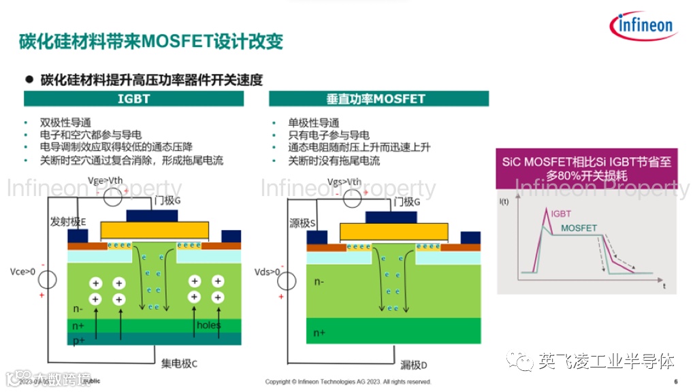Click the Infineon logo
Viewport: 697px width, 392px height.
[x=644, y=26]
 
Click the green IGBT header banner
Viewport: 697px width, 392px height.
[x=133, y=99]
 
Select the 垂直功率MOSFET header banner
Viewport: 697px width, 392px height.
[x=378, y=99]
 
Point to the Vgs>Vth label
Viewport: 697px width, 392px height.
[x=344, y=182]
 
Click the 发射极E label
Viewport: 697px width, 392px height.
[x=69, y=222]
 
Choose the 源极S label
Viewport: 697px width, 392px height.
[x=304, y=223]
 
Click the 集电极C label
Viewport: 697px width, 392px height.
[x=179, y=363]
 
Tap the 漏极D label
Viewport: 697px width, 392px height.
[x=414, y=365]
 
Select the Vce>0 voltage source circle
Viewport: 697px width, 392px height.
[x=46, y=279]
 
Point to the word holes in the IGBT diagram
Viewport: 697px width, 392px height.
[x=208, y=325]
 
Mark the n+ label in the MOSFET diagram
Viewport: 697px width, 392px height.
[x=319, y=333]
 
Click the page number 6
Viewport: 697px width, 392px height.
[x=675, y=381]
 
